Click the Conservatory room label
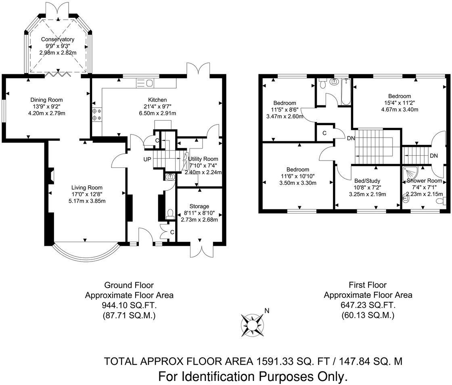tap(58, 39)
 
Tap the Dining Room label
tap(46, 100)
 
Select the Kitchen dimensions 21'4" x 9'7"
tap(157, 107)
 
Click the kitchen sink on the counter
tap(145, 83)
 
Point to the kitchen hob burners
tap(96, 114)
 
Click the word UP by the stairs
tap(147, 159)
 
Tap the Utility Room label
tap(203, 159)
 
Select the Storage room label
tap(199, 206)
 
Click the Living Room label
tap(87, 188)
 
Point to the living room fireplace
tap(51, 176)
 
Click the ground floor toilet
tap(170, 213)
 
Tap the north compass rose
tap(252, 325)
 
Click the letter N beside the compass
tap(267, 311)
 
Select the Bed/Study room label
tap(367, 181)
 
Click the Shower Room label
tap(424, 181)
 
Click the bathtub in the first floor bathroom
tap(345, 91)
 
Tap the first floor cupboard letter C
tap(324, 133)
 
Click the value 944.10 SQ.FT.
tap(129, 305)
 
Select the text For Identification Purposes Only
tap(253, 377)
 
